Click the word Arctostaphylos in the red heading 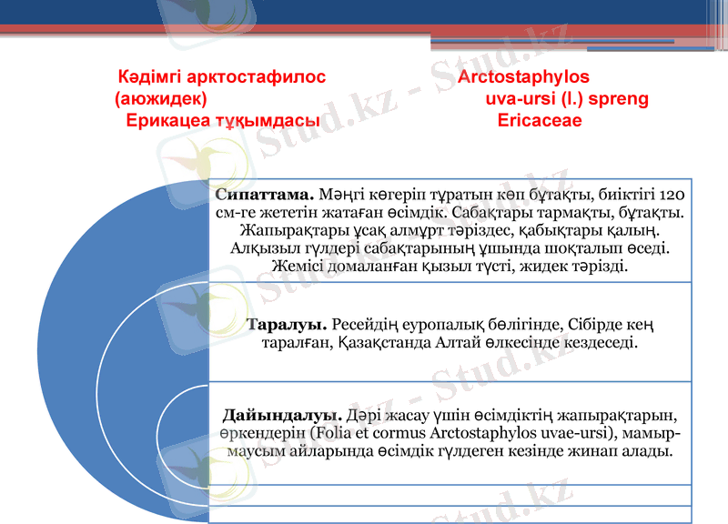523,77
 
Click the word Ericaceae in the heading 540,120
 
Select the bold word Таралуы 288,324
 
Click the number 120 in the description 672,195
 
